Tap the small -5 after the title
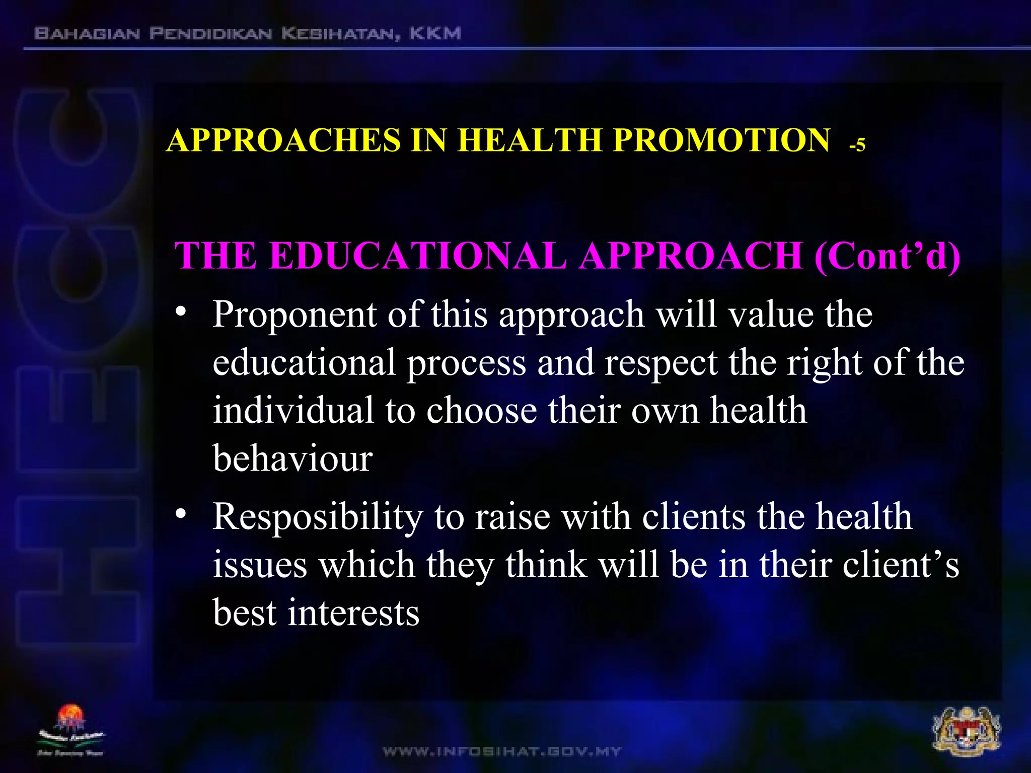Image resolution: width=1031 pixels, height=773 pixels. (857, 145)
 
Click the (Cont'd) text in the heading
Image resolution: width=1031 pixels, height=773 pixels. (887, 256)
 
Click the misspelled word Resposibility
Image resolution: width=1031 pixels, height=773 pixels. (317, 518)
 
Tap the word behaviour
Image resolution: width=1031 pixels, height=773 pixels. (292, 458)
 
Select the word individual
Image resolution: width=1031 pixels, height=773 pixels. (293, 410)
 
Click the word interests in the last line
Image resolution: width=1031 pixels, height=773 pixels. (353, 613)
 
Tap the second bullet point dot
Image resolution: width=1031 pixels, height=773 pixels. (181, 514)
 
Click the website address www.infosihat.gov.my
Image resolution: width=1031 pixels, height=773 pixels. (502, 752)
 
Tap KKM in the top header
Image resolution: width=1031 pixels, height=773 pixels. (435, 34)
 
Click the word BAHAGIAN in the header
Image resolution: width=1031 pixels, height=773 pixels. (87, 34)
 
